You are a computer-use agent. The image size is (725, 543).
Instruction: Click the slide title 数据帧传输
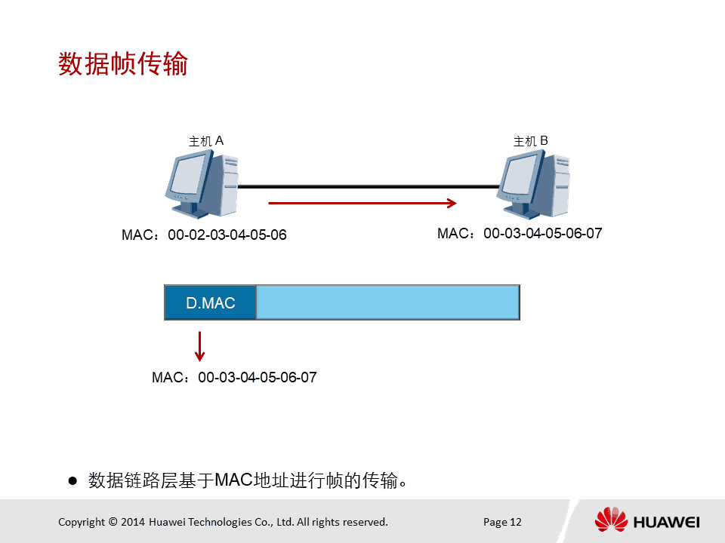[123, 63]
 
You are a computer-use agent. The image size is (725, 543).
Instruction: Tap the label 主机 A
[206, 141]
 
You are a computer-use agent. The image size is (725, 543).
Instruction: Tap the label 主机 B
[531, 141]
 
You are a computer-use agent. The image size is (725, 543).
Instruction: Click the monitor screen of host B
[520, 174]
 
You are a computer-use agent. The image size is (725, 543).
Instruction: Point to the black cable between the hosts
[369, 186]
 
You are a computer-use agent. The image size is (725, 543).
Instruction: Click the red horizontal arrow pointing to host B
[362, 203]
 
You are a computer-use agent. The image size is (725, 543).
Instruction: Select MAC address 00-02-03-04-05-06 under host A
[227, 235]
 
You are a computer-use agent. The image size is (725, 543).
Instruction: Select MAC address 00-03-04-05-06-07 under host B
[543, 234]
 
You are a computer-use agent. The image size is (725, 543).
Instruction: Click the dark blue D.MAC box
[211, 302]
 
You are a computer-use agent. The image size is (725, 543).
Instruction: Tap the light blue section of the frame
[387, 302]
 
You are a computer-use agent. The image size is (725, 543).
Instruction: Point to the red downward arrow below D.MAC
[199, 346]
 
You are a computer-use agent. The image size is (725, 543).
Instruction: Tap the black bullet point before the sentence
[72, 481]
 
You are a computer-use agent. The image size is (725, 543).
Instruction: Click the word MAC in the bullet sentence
[234, 480]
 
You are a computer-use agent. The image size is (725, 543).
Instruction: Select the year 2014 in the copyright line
[133, 522]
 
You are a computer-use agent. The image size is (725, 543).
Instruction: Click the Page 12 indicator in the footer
[502, 522]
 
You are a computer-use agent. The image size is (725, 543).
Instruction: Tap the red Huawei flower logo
[611, 519]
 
